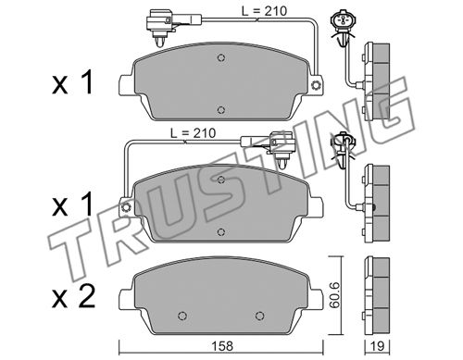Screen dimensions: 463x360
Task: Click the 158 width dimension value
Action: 222,346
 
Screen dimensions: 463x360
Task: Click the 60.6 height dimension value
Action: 334,295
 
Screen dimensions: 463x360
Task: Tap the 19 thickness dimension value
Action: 377,346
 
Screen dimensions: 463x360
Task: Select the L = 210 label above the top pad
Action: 264,11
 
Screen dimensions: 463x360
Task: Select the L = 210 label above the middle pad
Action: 194,133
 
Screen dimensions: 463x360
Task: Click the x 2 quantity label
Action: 73,297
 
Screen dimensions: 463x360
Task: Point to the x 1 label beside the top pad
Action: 72,83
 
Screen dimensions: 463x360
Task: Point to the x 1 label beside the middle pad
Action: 72,205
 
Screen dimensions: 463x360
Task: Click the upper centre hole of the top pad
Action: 220,57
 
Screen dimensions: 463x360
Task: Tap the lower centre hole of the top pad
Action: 220,110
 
